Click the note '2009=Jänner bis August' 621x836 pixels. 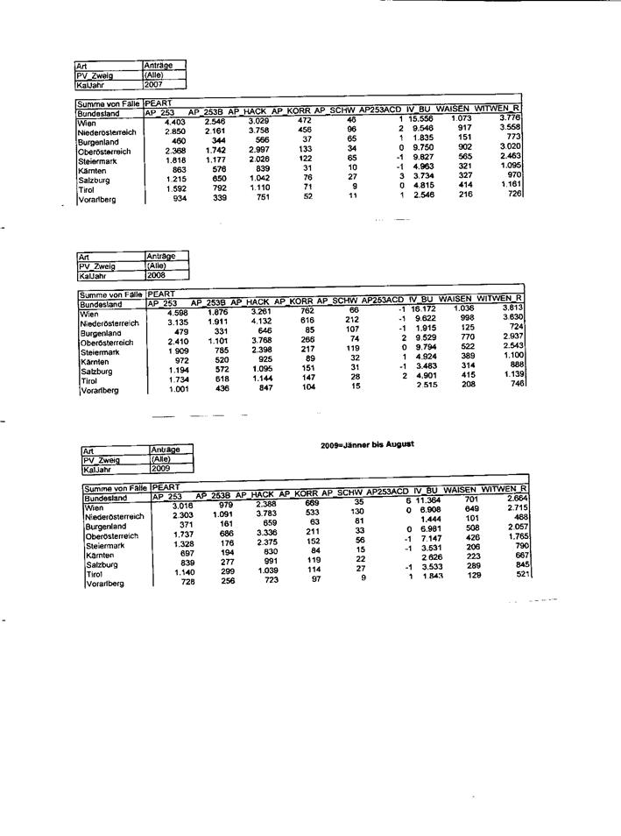point(367,444)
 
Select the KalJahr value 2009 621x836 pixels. point(161,469)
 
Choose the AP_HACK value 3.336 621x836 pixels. point(266,532)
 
